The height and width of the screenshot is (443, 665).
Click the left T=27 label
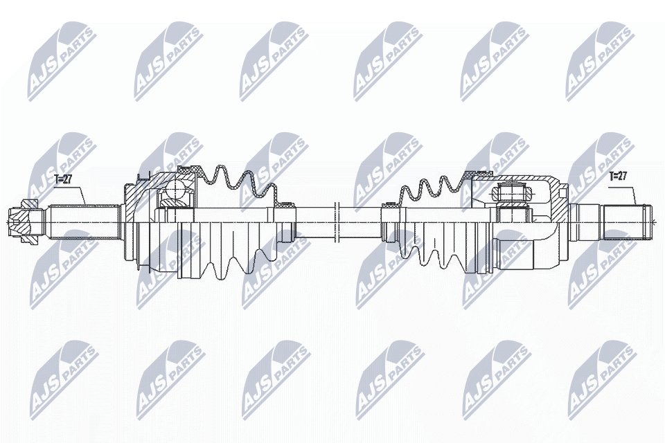pyautogui.click(x=63, y=179)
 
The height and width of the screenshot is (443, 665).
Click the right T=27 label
pyautogui.click(x=618, y=176)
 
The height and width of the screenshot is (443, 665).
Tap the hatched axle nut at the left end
pyautogui.click(x=24, y=220)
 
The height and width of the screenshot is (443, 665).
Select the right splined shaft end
pyautogui.click(x=627, y=220)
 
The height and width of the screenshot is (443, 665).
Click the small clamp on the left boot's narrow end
pyautogui.click(x=285, y=205)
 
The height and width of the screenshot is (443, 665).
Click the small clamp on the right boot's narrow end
pyautogui.click(x=390, y=204)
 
